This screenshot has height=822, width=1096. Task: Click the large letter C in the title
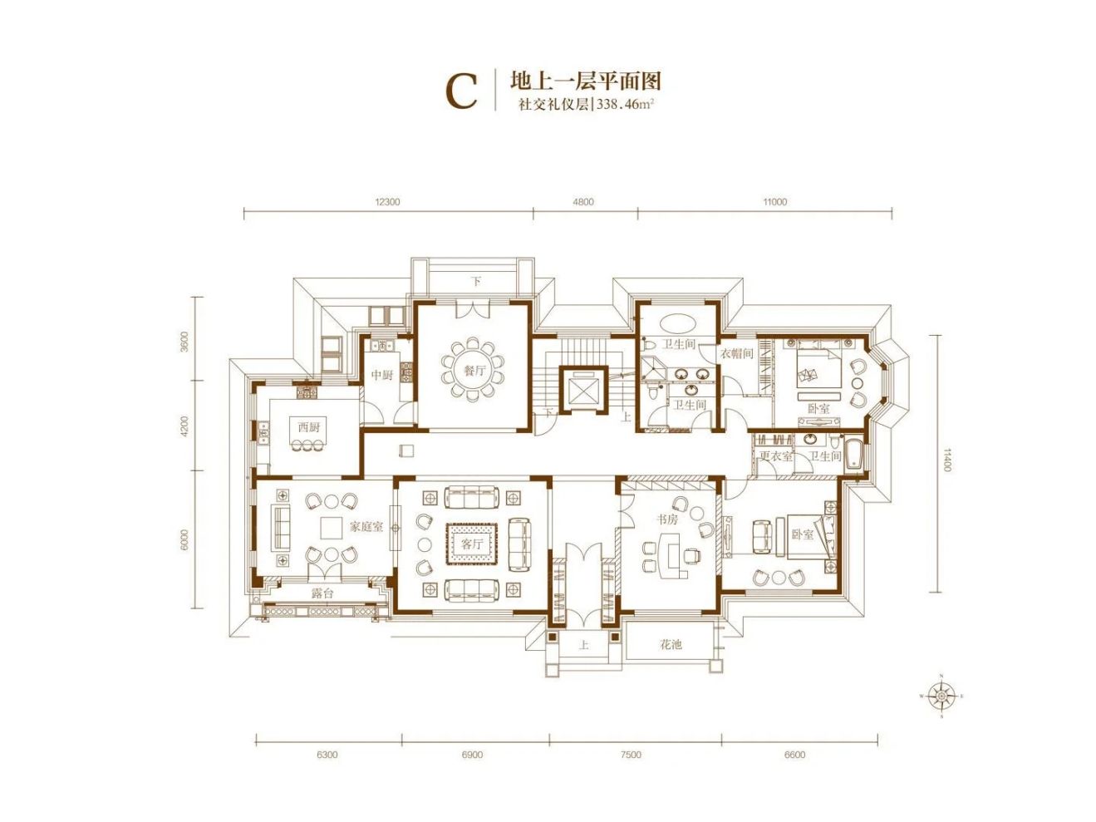pyautogui.click(x=462, y=91)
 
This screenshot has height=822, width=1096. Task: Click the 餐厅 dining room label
pyautogui.click(x=474, y=371)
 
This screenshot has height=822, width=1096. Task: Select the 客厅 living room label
pyautogui.click(x=472, y=544)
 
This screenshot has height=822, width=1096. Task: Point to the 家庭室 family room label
pyautogui.click(x=366, y=526)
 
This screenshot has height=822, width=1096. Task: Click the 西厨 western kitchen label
pyautogui.click(x=309, y=427)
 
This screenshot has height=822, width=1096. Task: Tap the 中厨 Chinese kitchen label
pyautogui.click(x=381, y=376)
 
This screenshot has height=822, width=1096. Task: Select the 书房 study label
pyautogui.click(x=667, y=519)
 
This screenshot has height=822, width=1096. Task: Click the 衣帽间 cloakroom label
pyautogui.click(x=736, y=354)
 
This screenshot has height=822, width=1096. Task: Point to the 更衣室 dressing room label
pyautogui.click(x=775, y=456)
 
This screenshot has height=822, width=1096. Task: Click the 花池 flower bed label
pyautogui.click(x=671, y=644)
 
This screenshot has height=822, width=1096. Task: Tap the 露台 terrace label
pyautogui.click(x=322, y=593)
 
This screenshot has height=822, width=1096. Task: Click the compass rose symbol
pyautogui.click(x=941, y=696)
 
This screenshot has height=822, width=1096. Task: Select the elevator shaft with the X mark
pyautogui.click(x=584, y=389)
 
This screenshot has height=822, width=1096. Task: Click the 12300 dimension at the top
pyautogui.click(x=387, y=202)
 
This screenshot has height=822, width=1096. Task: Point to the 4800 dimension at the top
pyautogui.click(x=584, y=202)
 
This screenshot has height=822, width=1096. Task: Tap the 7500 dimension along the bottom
pyautogui.click(x=632, y=755)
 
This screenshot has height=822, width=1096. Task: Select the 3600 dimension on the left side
pyautogui.click(x=184, y=341)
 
